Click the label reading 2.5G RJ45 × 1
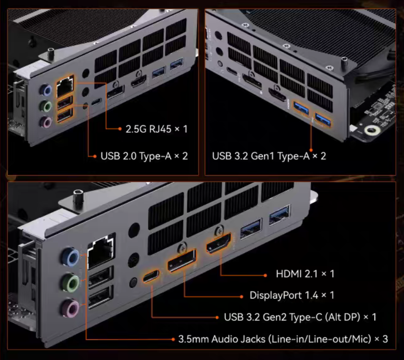point(156,129)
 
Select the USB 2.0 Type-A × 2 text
point(144,156)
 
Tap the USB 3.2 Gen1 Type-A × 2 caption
point(269,156)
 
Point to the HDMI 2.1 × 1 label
point(305,273)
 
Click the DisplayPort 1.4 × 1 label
point(292,295)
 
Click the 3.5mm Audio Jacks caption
point(222,339)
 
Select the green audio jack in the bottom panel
point(70,282)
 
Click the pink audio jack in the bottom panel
point(70,308)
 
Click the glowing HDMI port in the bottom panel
point(218,243)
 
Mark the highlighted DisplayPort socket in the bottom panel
point(182,260)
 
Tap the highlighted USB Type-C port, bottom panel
point(151,276)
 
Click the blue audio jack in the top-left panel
point(46,90)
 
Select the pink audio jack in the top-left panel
point(46,122)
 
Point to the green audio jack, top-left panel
point(46,106)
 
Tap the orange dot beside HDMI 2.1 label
point(265,275)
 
